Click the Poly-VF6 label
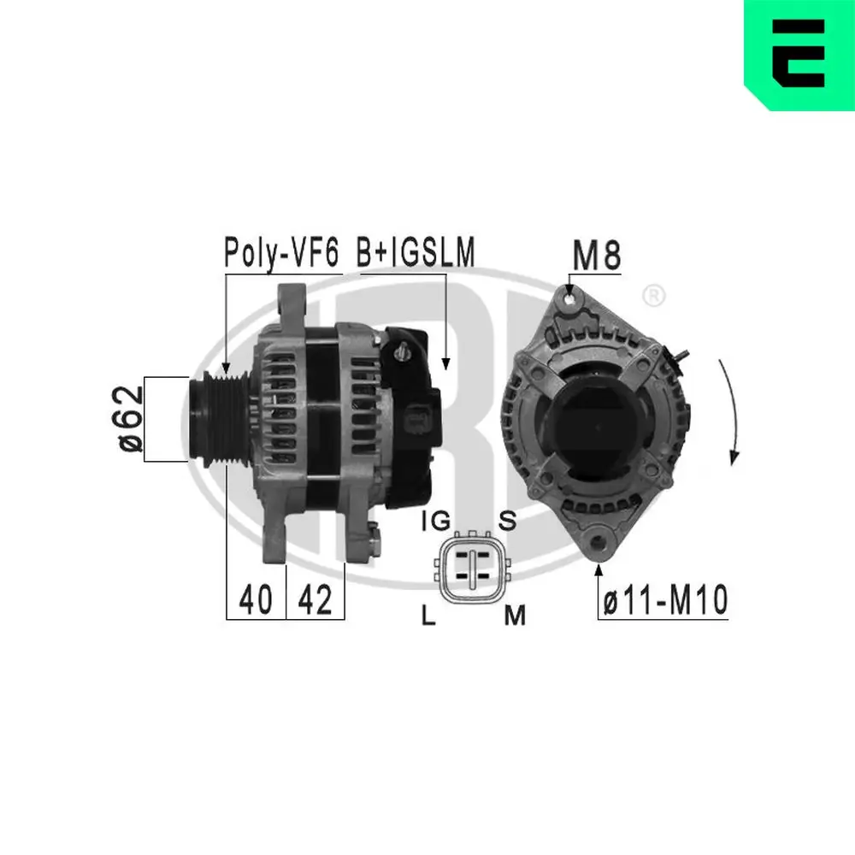coord(281,252)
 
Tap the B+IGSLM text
coord(416,252)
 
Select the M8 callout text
coord(595,255)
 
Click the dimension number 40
coord(256,600)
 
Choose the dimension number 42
coord(315,600)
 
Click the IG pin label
coord(436,521)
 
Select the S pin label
coord(506,521)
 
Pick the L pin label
coord(430,615)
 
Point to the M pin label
coord(514,615)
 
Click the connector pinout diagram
coord(470,567)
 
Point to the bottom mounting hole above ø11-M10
coord(599,542)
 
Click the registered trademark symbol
coord(652,297)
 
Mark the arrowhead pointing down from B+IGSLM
coord(445,363)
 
